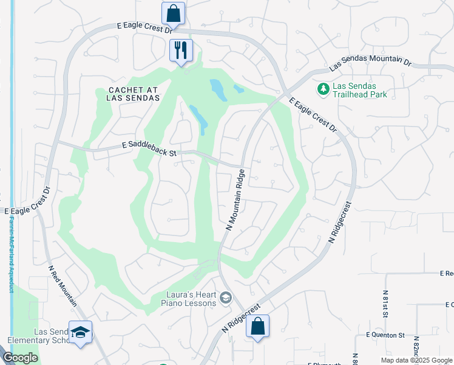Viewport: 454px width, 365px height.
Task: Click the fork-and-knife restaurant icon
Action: pos(181,50)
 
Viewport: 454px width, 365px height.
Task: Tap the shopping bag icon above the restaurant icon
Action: pos(173,13)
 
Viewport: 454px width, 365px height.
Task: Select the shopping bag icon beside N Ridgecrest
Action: pos(258,326)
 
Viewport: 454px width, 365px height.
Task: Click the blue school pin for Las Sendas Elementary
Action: pos(80,332)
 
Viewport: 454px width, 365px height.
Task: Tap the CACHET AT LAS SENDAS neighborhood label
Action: pos(134,94)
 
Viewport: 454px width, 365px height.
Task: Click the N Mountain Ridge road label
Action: pos(235,200)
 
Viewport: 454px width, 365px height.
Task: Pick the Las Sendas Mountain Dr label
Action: pos(370,63)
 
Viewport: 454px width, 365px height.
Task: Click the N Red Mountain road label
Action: pos(63,286)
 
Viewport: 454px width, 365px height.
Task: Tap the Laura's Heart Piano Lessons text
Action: pos(191,299)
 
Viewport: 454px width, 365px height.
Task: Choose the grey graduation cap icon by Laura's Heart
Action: pos(226,297)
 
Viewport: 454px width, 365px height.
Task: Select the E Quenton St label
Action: pos(385,335)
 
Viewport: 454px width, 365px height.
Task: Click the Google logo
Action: pos(20,358)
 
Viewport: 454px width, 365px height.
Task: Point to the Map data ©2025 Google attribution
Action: pos(416,360)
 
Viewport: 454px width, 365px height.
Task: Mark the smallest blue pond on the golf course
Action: pos(239,89)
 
